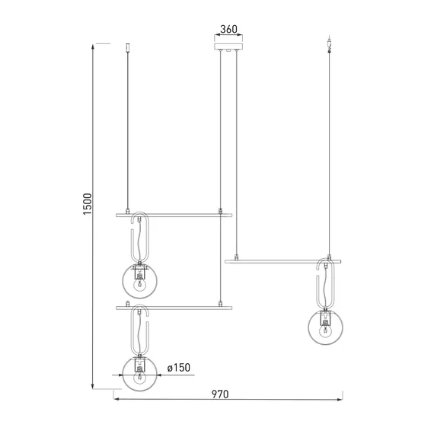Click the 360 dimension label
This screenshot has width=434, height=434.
[228, 29]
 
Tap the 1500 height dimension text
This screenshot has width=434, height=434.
[88, 204]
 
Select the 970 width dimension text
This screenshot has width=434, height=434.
[220, 394]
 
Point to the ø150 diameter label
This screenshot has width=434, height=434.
[179, 368]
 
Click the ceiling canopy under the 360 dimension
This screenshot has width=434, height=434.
[228, 46]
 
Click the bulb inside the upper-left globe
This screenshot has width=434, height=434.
[139, 284]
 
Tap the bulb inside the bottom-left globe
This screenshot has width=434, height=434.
[139, 377]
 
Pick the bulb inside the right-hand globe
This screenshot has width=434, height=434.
[326, 330]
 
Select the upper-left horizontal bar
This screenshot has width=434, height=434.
[174, 215]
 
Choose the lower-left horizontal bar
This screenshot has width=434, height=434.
[174, 308]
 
